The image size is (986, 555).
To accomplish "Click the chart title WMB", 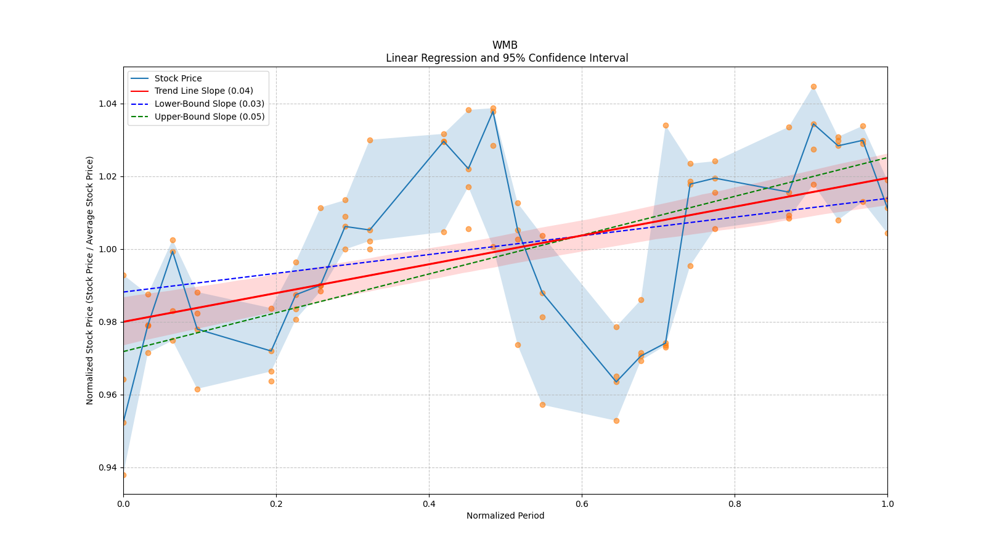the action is click(505, 45).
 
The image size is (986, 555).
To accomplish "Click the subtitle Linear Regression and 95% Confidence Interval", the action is click(507, 58).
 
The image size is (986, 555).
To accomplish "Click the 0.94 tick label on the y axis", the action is click(108, 467).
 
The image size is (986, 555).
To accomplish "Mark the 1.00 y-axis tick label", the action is click(108, 249).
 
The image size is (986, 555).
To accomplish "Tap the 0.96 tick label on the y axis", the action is click(108, 395).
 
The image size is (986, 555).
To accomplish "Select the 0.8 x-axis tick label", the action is click(735, 503).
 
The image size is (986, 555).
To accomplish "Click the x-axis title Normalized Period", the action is click(505, 516).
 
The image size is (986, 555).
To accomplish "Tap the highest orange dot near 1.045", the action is click(813, 87).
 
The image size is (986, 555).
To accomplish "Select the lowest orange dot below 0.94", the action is click(124, 475).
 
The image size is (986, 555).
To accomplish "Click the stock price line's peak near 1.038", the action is click(493, 112).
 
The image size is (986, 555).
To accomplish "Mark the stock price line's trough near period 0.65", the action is click(616, 382).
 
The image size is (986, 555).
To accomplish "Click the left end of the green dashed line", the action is click(124, 351).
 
